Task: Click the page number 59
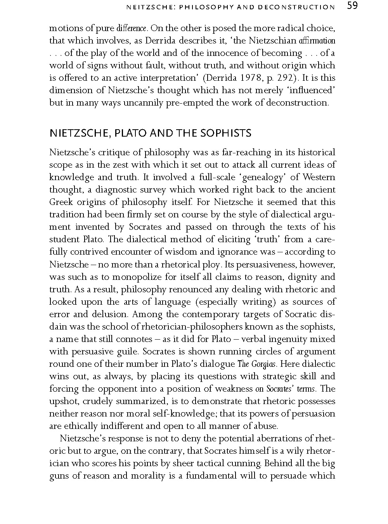pos(352,6)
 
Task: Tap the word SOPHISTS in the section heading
pos(226,134)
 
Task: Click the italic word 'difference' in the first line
pos(132,28)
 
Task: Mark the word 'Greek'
pos(61,202)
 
